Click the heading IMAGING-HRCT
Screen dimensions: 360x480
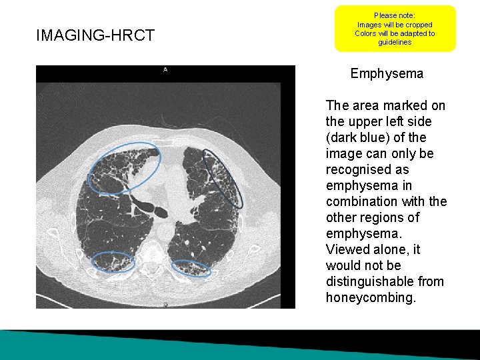click(x=95, y=35)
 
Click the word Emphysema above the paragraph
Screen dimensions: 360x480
click(x=387, y=73)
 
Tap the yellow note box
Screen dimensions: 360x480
click(x=395, y=29)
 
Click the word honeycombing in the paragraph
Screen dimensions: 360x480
click(x=371, y=297)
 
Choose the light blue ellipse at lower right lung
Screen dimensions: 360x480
click(x=192, y=269)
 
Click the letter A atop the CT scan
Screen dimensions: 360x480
click(x=165, y=69)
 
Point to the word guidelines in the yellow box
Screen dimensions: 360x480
click(x=395, y=42)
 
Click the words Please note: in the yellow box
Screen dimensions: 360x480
click(x=395, y=15)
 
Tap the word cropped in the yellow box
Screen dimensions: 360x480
click(x=419, y=25)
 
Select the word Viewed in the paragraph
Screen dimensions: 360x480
click(x=345, y=249)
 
